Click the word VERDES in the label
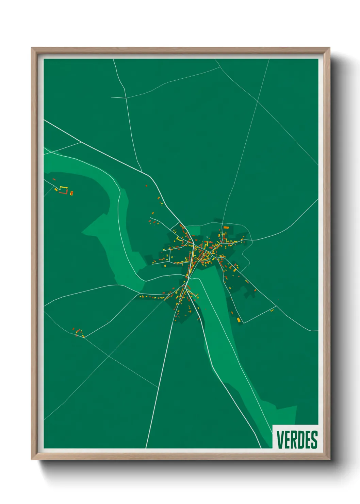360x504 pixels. (x=297, y=440)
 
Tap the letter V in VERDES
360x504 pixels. (x=280, y=440)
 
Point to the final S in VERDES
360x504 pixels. (x=314, y=440)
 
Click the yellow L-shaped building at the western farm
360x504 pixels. (x=63, y=188)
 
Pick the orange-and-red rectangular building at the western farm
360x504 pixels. (x=71, y=193)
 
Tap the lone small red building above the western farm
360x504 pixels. (x=54, y=179)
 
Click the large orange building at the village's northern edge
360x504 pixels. (x=226, y=227)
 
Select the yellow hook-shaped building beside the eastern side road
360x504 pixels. (x=272, y=311)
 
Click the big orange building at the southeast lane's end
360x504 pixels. (x=239, y=320)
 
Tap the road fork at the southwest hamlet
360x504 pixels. (x=84, y=337)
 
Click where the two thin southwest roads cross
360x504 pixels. (x=109, y=356)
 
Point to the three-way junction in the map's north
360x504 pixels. (x=126, y=98)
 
